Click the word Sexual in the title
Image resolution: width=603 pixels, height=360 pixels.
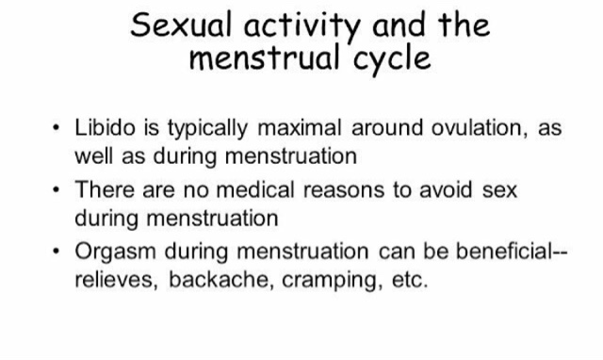pyautogui.click(x=181, y=25)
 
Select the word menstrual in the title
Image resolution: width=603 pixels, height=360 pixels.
pyautogui.click(x=265, y=57)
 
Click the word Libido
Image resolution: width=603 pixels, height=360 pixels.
pyautogui.click(x=105, y=127)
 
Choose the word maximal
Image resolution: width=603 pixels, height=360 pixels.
pyautogui.click(x=300, y=127)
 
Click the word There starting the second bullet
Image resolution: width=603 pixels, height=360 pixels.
pyautogui.click(x=105, y=189)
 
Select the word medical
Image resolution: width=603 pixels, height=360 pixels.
pyautogui.click(x=255, y=189)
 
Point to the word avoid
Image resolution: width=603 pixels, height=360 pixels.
pyautogui.click(x=446, y=189)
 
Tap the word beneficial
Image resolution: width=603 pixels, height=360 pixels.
pyautogui.click(x=505, y=252)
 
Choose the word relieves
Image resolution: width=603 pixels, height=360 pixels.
pyautogui.click(x=116, y=280)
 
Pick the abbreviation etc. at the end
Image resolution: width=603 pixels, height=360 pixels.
pyautogui.click(x=410, y=280)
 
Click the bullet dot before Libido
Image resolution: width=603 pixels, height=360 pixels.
pyautogui.click(x=57, y=127)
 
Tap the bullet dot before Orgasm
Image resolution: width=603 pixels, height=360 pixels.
pyautogui.click(x=57, y=252)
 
